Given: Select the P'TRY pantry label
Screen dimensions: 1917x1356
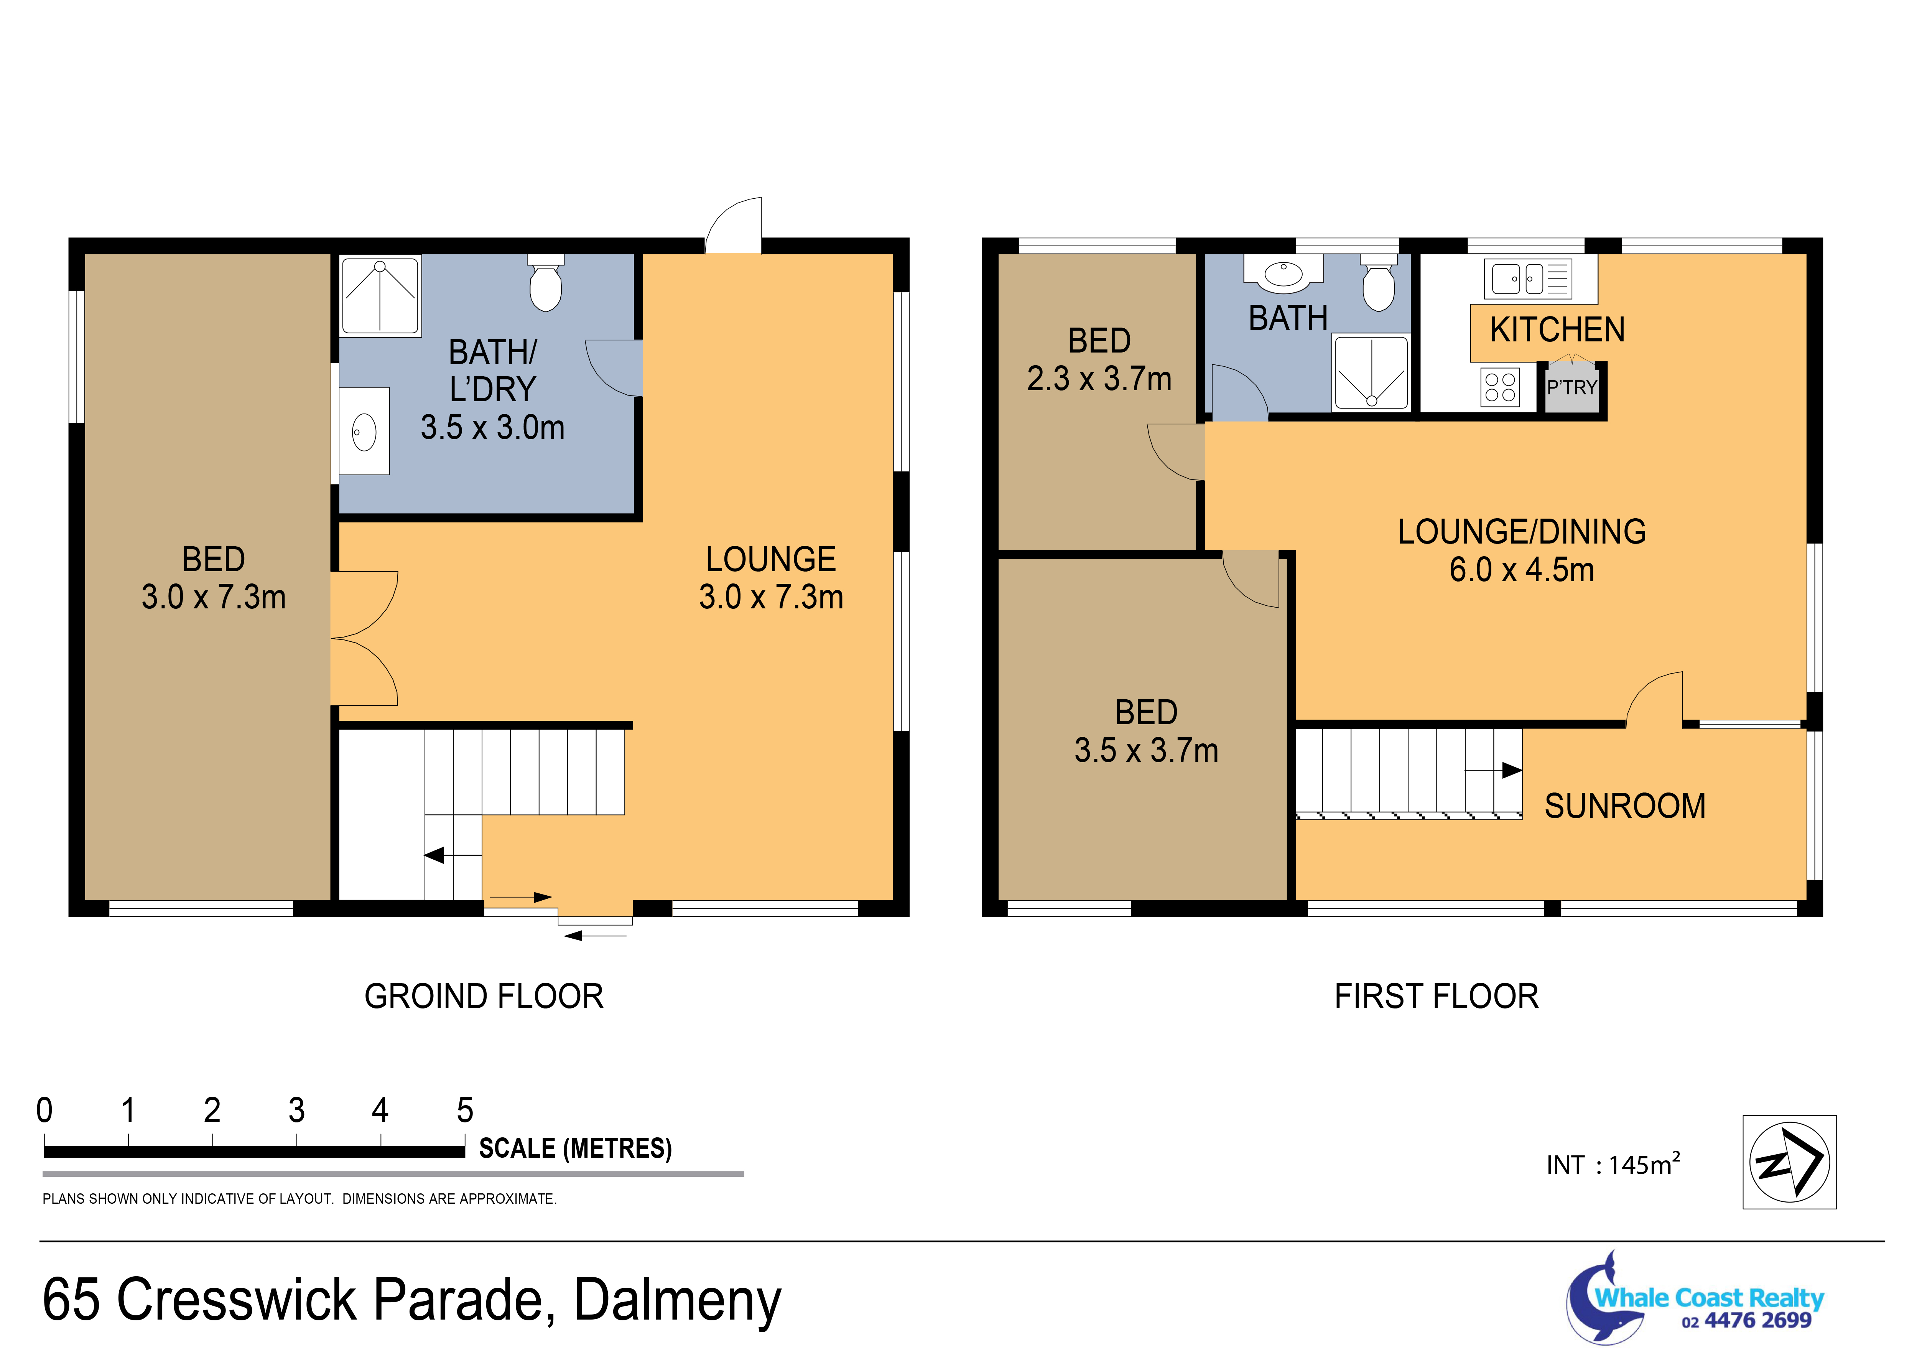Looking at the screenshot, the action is pos(1571,387).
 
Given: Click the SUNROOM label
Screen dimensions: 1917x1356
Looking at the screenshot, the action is pos(1625,806).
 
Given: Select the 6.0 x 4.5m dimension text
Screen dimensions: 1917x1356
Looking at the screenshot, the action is pos(1521,570).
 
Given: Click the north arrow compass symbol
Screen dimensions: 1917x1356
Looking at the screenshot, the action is pos(1789,1162).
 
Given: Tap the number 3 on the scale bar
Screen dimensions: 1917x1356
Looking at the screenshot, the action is pos(296,1111).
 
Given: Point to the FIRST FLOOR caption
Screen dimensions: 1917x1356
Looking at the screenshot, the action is pos(1436,996).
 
